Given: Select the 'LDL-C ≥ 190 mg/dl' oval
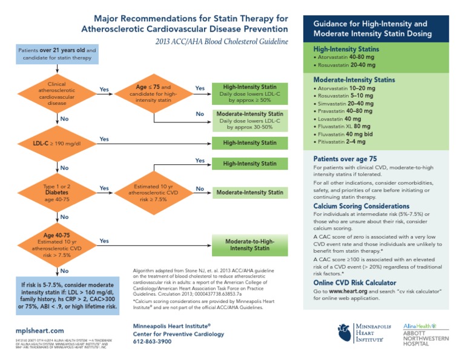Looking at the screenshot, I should (56, 144).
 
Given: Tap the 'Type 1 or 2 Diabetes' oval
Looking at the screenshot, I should (56, 192).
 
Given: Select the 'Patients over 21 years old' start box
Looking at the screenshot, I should (56, 53).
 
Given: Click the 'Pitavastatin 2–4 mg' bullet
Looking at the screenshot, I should (341, 141).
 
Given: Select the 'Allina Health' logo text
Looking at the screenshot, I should (417, 325).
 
